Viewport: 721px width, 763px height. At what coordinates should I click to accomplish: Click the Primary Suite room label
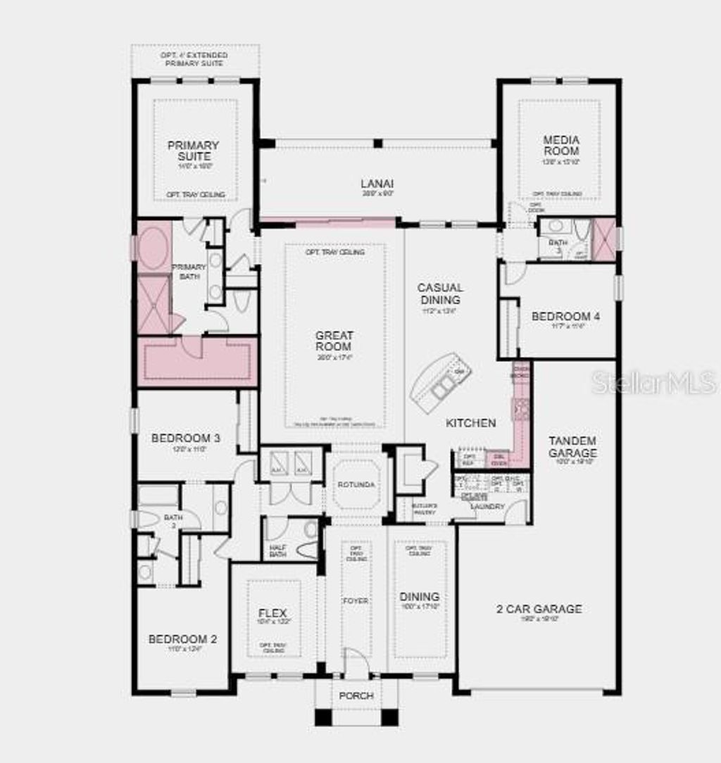pos(193,151)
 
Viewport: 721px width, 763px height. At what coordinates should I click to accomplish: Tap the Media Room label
pos(561,145)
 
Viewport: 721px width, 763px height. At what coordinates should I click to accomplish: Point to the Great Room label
pos(334,341)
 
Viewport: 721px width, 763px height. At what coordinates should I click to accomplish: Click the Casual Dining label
pos(440,294)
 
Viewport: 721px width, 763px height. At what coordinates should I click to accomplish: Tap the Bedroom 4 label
pos(565,317)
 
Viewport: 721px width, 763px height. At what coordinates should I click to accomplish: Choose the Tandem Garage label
pos(572,446)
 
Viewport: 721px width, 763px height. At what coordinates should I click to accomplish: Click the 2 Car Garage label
pos(539,609)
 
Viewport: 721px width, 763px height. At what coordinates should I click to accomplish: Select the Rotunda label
pos(356,486)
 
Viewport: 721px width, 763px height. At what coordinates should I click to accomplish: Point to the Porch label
pos(356,695)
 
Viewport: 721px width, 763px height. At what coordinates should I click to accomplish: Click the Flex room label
pos(272,613)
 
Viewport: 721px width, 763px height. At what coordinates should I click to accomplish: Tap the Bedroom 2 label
pos(182,639)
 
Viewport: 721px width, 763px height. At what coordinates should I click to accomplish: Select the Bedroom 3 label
pos(186,438)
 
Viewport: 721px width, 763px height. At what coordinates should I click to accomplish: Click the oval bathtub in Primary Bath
pos(153,248)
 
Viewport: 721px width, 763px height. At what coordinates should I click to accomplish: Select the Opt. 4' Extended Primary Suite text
pos(194,58)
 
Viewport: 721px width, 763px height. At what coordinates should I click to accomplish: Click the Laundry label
pos(488,505)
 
